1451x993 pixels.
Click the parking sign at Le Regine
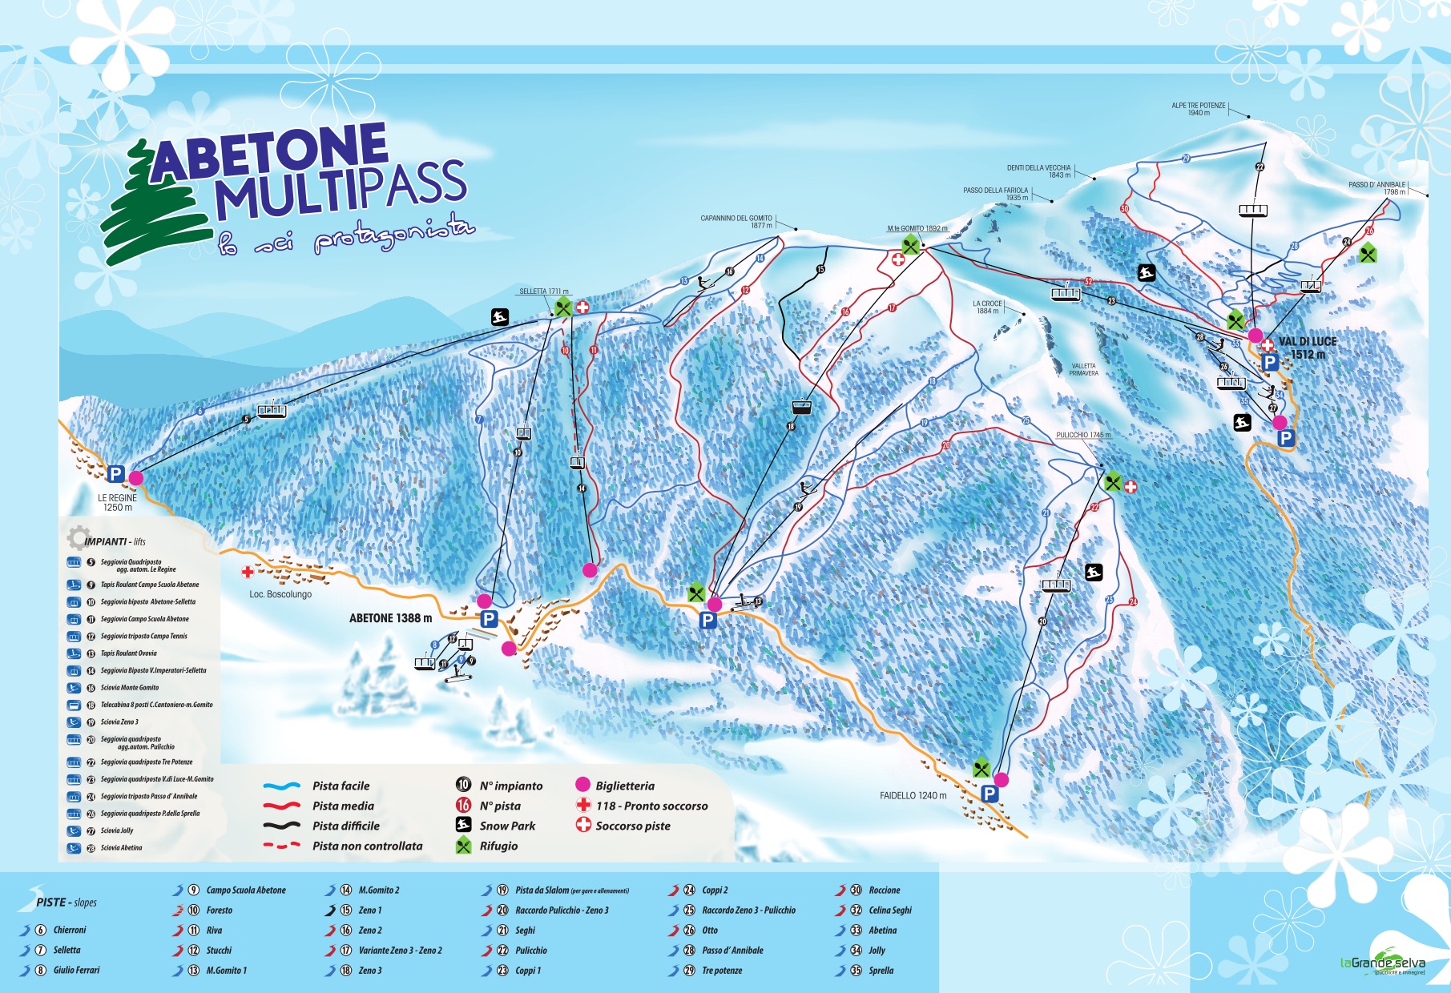point(115,474)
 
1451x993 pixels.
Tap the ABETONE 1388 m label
point(390,618)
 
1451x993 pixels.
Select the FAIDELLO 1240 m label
point(913,796)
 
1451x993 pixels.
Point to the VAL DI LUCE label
point(1307,342)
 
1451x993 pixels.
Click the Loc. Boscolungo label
point(280,594)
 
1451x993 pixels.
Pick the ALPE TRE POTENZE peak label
point(1199,109)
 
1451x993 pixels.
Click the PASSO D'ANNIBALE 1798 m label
point(1376,188)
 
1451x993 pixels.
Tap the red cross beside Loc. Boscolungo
point(248,572)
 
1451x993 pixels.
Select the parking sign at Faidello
point(990,794)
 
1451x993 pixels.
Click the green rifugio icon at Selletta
point(563,306)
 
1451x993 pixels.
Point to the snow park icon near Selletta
point(500,317)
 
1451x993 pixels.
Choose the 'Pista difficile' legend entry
point(345,826)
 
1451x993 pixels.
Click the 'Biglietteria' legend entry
point(624,786)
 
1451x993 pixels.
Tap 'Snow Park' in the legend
point(506,826)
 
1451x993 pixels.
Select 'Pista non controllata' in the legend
point(366,846)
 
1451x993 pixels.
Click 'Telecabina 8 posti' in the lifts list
point(156,705)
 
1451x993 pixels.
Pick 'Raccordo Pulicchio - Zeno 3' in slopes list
point(562,911)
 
